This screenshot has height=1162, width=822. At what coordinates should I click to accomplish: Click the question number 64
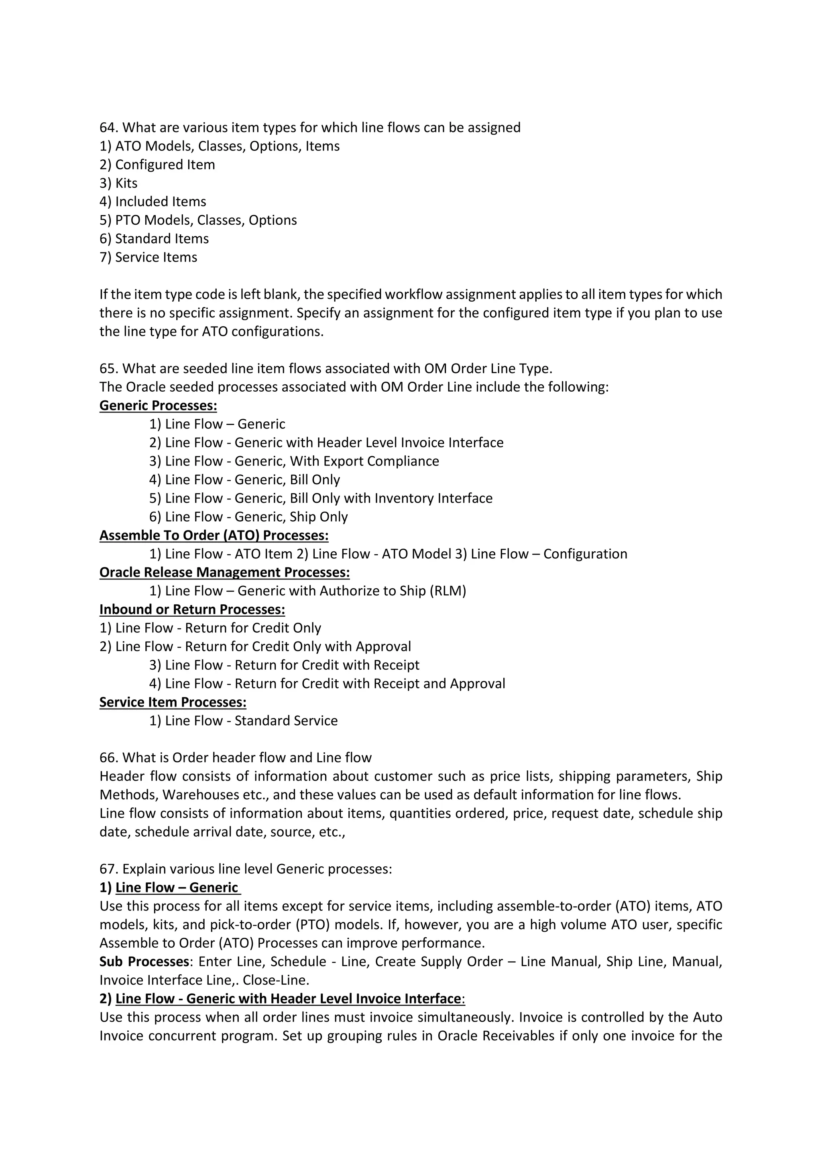[x=108, y=128]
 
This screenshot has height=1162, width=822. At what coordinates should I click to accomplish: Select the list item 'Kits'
[x=126, y=183]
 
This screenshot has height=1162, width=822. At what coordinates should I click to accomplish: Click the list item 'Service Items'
[x=156, y=257]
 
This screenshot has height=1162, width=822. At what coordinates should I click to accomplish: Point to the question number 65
[x=108, y=368]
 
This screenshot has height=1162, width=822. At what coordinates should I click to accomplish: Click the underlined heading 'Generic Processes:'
[x=158, y=405]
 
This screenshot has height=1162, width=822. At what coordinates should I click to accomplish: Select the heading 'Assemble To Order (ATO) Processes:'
[x=214, y=535]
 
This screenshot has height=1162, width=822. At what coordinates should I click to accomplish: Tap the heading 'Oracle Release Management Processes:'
[x=224, y=573]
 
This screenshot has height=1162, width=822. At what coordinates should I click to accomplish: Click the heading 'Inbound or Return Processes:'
[x=192, y=609]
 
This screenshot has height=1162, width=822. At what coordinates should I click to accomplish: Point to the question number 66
[x=108, y=758]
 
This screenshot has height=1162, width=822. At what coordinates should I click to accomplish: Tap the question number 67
[x=108, y=869]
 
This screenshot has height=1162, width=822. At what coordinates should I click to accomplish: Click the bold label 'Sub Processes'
[x=144, y=962]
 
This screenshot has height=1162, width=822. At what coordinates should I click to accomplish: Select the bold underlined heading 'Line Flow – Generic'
[x=177, y=888]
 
